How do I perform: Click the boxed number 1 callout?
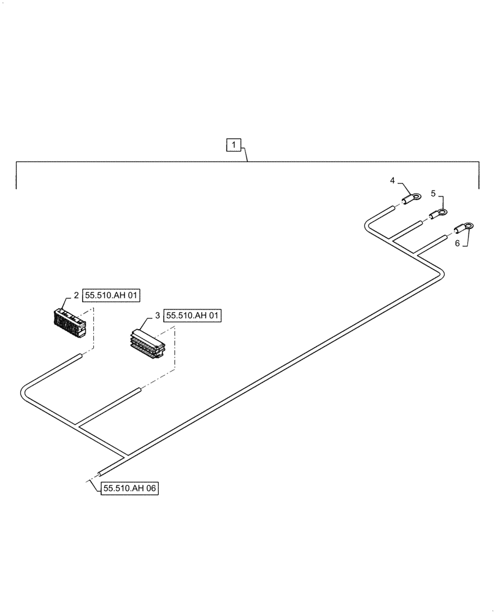click(x=234, y=146)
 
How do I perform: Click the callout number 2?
click(x=76, y=296)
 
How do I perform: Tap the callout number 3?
click(x=158, y=316)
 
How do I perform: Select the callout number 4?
click(x=391, y=181)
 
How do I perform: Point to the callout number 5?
click(x=433, y=193)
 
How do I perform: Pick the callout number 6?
click(x=456, y=244)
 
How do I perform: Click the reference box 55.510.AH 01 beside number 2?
click(x=112, y=296)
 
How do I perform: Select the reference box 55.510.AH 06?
click(x=130, y=489)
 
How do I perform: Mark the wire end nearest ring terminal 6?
click(x=443, y=238)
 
